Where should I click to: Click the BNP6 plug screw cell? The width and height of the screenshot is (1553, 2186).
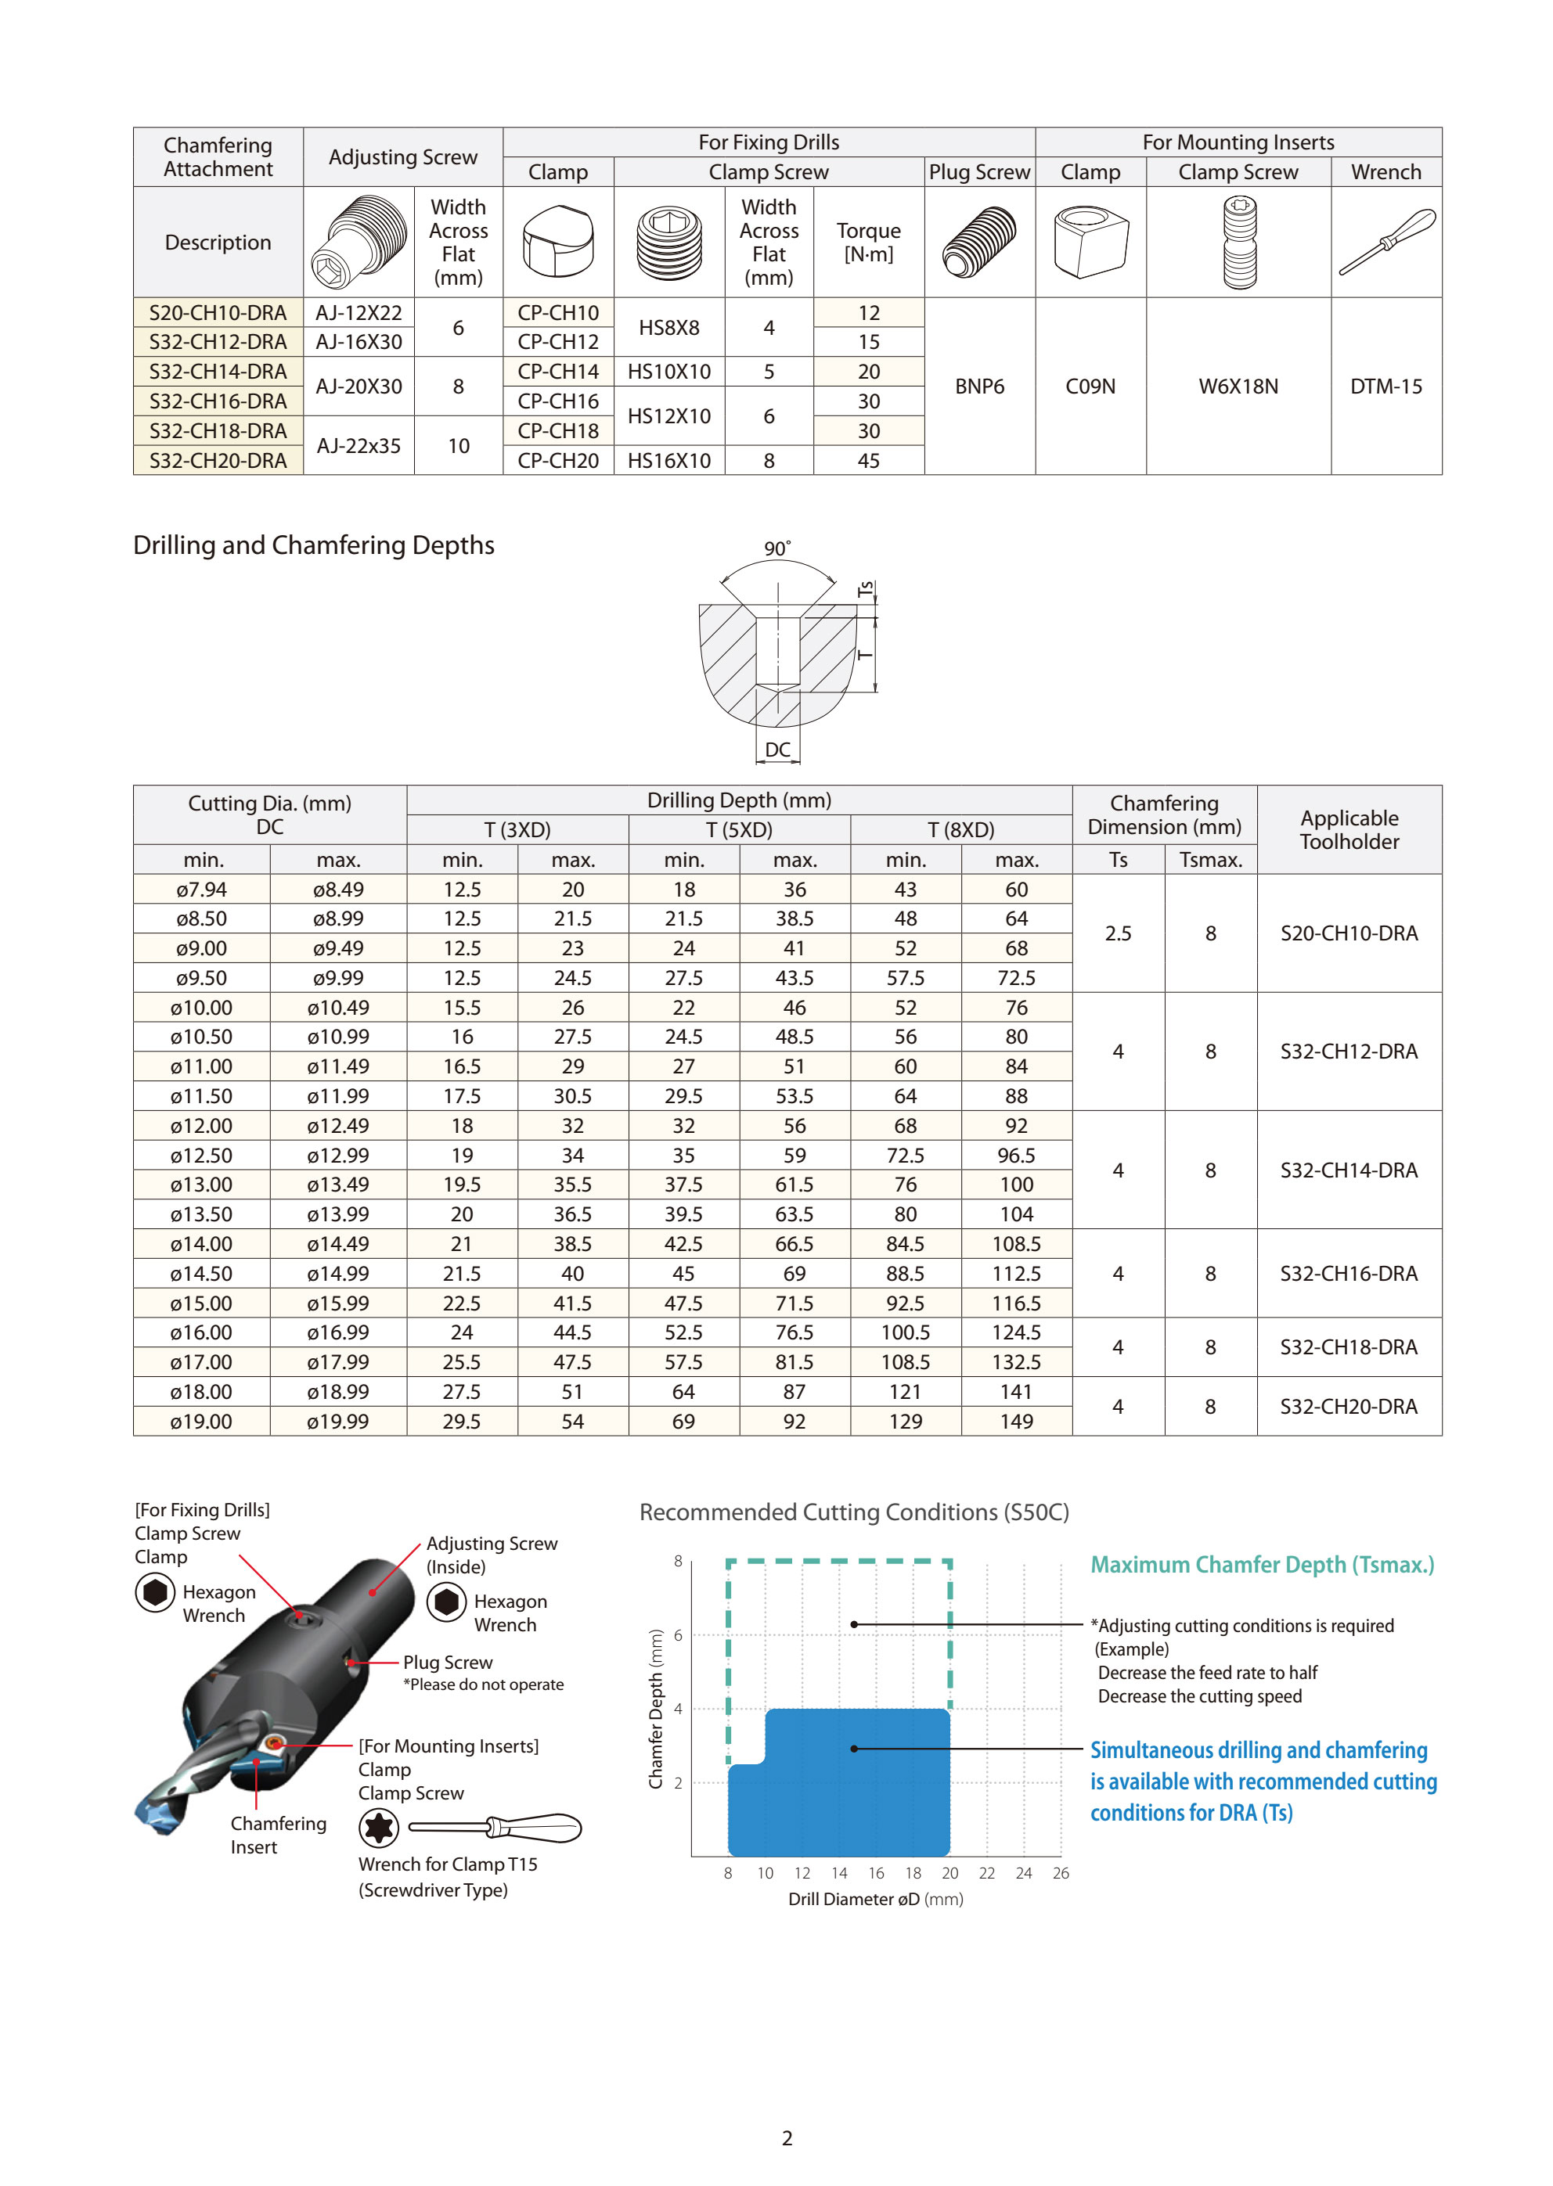tap(979, 387)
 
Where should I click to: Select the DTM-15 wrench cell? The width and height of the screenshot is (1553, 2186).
tap(1385, 387)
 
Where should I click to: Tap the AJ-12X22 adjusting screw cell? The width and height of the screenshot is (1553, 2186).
tap(359, 312)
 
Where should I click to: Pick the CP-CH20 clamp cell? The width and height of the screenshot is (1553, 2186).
tap(557, 461)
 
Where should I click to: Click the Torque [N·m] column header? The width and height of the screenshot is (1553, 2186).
tap(868, 242)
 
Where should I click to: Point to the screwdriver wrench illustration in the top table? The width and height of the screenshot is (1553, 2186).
tap(1385, 242)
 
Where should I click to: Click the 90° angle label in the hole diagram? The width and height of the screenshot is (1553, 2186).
tap(776, 548)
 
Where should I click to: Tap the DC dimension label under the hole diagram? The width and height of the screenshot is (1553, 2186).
tap(777, 750)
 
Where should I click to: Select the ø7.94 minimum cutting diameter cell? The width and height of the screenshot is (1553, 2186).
tap(202, 889)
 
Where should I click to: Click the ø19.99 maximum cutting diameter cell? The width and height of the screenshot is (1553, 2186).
tap(337, 1422)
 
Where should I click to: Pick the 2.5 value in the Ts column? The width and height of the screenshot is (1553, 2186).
tap(1118, 933)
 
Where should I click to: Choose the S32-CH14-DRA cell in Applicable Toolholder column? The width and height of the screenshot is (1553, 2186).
tap(1349, 1170)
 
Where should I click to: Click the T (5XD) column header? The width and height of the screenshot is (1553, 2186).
tap(739, 829)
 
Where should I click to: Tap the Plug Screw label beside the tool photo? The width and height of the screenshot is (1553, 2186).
tap(448, 1663)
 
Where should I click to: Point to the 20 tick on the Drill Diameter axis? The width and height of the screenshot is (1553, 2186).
tap(949, 1874)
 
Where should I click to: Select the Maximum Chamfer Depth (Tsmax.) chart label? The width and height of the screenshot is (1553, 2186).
tap(1263, 1565)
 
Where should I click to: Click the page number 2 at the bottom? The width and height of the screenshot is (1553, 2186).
tap(787, 2138)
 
